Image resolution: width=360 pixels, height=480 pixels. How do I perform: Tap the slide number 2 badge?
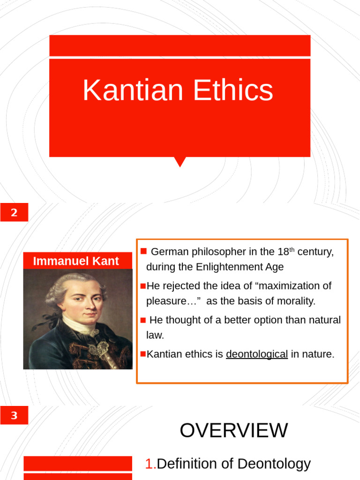click(x=14, y=212)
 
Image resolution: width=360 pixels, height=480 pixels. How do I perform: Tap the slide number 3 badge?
click(x=14, y=415)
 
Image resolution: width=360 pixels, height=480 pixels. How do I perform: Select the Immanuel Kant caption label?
click(x=76, y=261)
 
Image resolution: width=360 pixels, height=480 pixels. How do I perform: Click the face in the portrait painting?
click(x=85, y=300)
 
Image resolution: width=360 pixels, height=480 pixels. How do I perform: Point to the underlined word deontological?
click(x=257, y=354)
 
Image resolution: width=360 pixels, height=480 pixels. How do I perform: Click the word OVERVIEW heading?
click(x=234, y=430)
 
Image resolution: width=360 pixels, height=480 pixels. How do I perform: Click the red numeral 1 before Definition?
click(x=150, y=464)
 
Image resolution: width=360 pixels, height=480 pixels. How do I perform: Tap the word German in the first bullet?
click(x=170, y=252)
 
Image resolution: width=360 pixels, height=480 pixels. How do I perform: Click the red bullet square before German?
click(x=143, y=251)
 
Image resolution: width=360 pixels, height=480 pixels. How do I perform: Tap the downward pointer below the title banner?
click(x=180, y=162)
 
